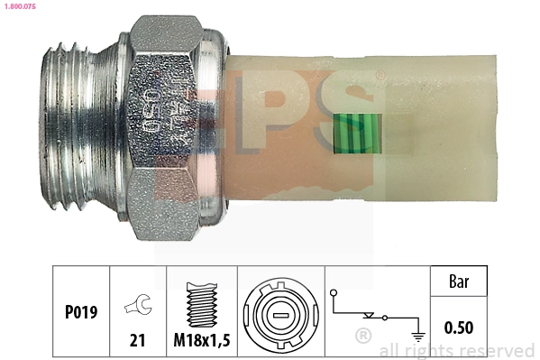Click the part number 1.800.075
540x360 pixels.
(x=21, y=7)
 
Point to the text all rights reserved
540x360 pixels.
(x=457, y=350)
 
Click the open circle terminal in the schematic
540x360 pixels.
(x=333, y=293)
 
